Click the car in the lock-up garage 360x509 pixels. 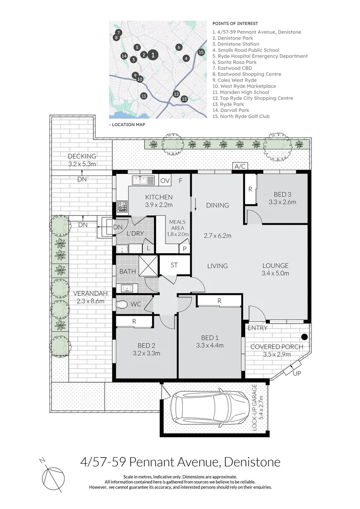[x=210, y=408]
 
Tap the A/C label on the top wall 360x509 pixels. [x=240, y=166]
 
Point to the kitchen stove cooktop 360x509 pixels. [x=122, y=205]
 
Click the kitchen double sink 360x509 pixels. [x=143, y=180]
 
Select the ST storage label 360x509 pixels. [x=174, y=265]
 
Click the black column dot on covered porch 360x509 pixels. [x=304, y=337]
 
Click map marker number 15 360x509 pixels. [x=201, y=52]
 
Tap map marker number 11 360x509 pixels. [x=144, y=96]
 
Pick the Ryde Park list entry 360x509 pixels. [x=230, y=104]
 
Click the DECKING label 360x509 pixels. [x=82, y=156]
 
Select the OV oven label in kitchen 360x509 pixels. [x=164, y=180]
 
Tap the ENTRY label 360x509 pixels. [x=257, y=328]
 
